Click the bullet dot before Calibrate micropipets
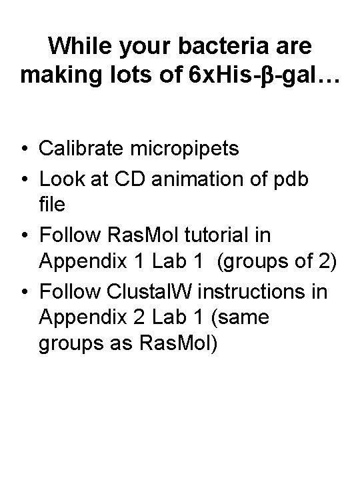point(24,148)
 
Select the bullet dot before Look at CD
point(24,177)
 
